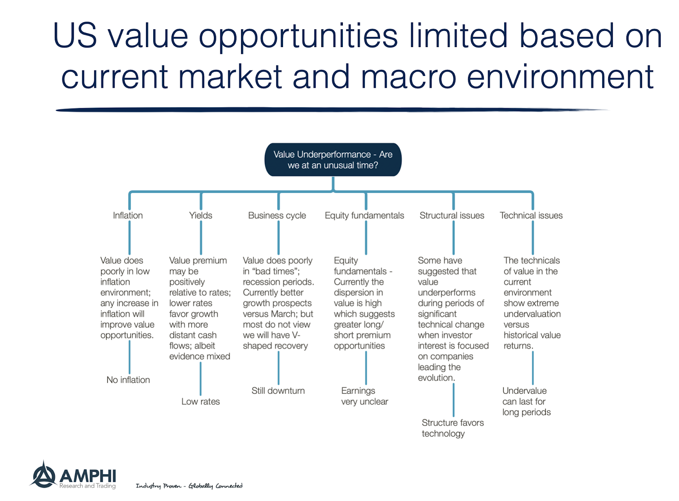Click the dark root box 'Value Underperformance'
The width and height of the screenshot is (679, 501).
pos(333,160)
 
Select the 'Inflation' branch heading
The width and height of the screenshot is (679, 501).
pos(128,216)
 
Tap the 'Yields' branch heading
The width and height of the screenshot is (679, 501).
pos(201,216)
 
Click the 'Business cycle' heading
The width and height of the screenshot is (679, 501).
pos(277,216)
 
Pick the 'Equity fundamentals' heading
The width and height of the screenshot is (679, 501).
pos(364,216)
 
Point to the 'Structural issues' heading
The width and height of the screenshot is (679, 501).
pos(452,216)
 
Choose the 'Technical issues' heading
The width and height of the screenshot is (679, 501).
pos(531,216)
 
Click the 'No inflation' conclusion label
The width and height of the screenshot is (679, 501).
pos(128,380)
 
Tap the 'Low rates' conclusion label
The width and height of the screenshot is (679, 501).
pos(200,402)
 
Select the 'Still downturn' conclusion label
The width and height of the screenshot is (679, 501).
pos(278,391)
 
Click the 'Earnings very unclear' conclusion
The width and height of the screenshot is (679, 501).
pos(364,396)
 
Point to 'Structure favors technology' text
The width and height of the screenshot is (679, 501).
pos(452,428)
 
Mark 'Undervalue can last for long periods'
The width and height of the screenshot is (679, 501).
pos(526,401)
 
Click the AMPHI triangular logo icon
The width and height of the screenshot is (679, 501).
pos(43,475)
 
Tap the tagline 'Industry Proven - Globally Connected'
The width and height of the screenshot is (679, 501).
pos(189,486)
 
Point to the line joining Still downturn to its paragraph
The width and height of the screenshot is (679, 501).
pos(278,368)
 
